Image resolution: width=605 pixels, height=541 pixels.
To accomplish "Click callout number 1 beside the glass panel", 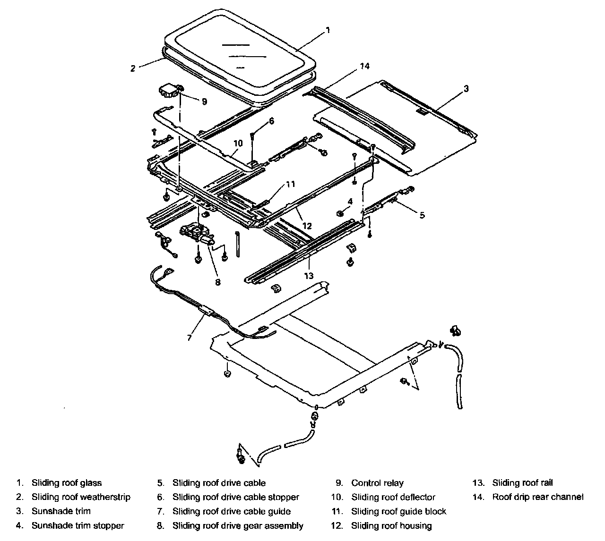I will tap(328, 30).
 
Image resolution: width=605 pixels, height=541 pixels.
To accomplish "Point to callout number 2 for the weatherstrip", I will tap(134, 68).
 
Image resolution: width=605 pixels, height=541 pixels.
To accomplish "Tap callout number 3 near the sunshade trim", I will tap(466, 88).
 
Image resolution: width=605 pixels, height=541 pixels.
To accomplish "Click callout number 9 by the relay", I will tap(204, 101).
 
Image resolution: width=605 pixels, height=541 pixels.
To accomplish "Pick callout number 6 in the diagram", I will tap(271, 121).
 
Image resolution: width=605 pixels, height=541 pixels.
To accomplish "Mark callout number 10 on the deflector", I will tap(238, 143).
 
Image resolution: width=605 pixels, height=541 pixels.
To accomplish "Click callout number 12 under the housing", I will tap(307, 226).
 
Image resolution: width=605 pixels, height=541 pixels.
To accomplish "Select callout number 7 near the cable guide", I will tap(189, 338).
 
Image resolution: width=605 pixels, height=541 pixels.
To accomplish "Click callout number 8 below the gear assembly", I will tap(218, 282).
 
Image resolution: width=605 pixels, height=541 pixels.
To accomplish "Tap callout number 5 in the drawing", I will tap(422, 215).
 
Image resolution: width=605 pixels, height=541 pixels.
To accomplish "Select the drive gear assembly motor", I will tap(196, 233).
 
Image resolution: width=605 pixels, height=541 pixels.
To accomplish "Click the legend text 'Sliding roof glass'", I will tap(67, 482).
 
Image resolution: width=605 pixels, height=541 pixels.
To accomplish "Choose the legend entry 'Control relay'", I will tap(377, 482).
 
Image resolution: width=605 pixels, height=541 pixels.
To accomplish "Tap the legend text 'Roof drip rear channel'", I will tap(538, 497).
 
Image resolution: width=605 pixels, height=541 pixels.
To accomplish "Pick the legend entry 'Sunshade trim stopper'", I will tap(78, 525).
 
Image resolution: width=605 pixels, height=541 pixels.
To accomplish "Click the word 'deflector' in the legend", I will tap(416, 497).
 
